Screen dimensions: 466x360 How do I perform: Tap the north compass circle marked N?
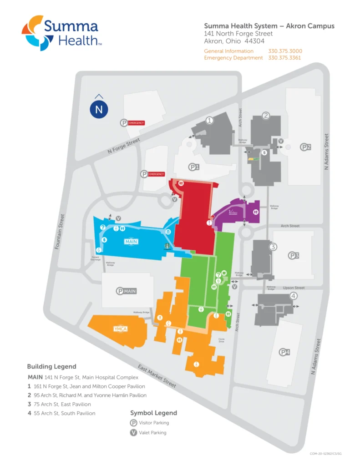(x=99, y=109)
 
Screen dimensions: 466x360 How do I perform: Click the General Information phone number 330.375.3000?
(x=285, y=51)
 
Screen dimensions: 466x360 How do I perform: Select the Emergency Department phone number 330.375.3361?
(x=285, y=58)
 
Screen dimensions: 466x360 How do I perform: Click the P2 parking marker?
(x=305, y=147)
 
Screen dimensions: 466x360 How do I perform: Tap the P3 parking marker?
(x=294, y=256)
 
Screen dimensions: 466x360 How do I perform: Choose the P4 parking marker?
(x=285, y=352)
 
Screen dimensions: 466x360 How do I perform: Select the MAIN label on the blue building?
(x=131, y=242)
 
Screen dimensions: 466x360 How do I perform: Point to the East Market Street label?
(x=157, y=376)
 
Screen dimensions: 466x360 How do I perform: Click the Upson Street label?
(x=294, y=288)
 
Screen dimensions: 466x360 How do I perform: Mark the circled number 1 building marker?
(x=209, y=121)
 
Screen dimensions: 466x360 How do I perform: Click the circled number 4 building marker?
(x=294, y=296)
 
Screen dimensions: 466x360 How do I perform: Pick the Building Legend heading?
(x=51, y=366)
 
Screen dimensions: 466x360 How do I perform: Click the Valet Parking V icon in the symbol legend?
(x=134, y=433)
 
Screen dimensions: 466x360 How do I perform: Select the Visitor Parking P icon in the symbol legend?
(x=134, y=423)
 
